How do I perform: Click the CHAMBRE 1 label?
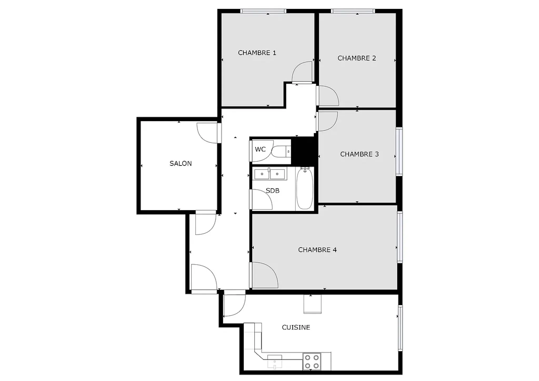pyautogui.click(x=257, y=53)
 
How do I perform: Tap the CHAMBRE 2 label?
pyautogui.click(x=357, y=58)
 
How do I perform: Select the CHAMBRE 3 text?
pyautogui.click(x=359, y=154)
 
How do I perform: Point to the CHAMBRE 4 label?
pyautogui.click(x=317, y=250)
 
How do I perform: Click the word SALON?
pyautogui.click(x=181, y=163)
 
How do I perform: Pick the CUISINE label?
pyautogui.click(x=296, y=327)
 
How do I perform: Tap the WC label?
pyautogui.click(x=260, y=149)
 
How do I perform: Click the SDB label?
pyautogui.click(x=272, y=190)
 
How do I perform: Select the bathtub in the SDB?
pyautogui.click(x=305, y=188)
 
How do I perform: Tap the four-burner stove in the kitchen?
pyautogui.click(x=312, y=362)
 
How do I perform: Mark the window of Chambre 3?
pyautogui.click(x=399, y=152)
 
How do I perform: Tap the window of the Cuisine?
pyautogui.click(x=400, y=328)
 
